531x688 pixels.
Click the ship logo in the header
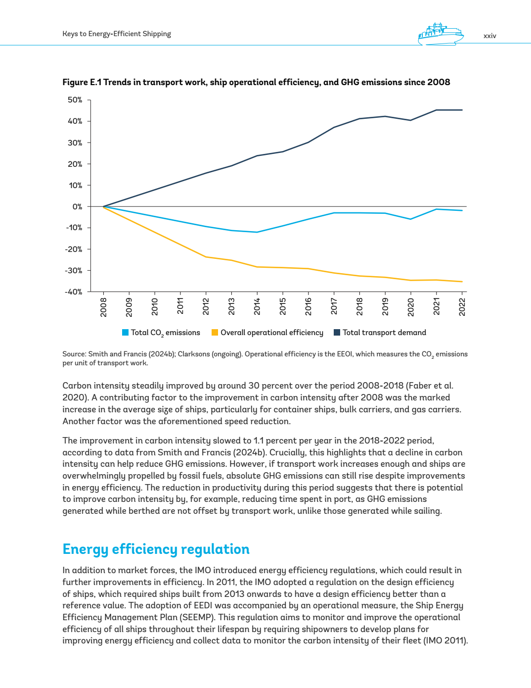(x=441, y=35)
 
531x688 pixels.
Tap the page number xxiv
(x=489, y=36)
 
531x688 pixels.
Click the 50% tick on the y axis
(x=75, y=100)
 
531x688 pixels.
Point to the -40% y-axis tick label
(x=74, y=292)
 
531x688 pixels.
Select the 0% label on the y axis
(x=77, y=207)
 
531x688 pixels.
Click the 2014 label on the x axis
(x=257, y=306)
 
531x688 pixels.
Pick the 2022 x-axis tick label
(x=462, y=306)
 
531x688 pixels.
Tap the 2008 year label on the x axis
(x=103, y=306)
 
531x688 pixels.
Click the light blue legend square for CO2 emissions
(x=126, y=333)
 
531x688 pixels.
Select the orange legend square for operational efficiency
(x=215, y=333)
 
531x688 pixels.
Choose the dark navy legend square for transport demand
(x=337, y=333)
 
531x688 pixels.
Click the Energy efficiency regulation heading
(x=156, y=549)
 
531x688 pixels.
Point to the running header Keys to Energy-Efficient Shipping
(x=117, y=34)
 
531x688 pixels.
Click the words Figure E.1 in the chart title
(x=82, y=82)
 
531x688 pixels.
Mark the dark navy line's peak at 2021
(x=436, y=110)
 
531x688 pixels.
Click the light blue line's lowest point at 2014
(x=257, y=232)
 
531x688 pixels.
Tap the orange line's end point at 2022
(x=462, y=282)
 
